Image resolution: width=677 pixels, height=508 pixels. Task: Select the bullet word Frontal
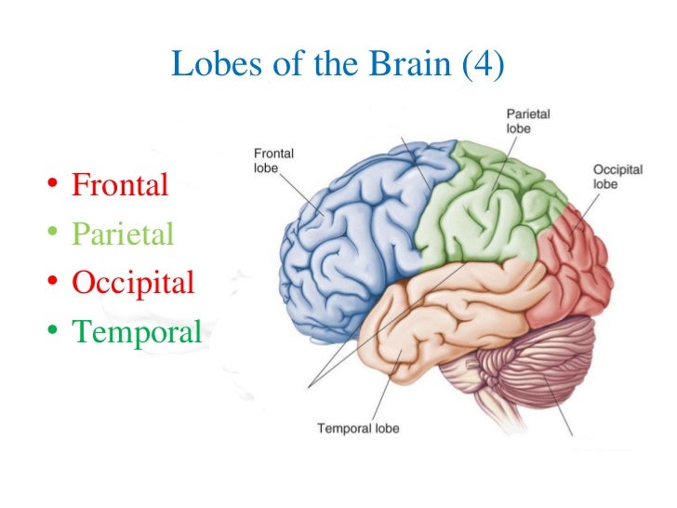(x=120, y=184)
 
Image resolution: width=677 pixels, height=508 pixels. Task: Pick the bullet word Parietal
(x=123, y=234)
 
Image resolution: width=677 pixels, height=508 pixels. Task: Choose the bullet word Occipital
(x=133, y=282)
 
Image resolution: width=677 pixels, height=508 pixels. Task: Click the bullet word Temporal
(x=137, y=330)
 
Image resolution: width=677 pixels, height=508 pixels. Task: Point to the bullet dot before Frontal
(x=54, y=185)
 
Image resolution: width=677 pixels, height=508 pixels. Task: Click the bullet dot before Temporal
(x=54, y=331)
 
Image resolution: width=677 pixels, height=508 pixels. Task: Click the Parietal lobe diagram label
(x=526, y=121)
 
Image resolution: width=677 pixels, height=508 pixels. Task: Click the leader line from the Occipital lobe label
(x=586, y=210)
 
